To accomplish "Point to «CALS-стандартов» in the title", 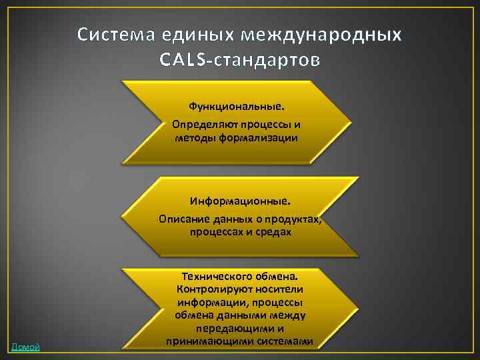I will click(240, 60).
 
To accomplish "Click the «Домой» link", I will click(25, 346).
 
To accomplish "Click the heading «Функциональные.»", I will click(236, 105).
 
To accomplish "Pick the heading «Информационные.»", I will click(240, 200).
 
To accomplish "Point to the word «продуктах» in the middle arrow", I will click(294, 219).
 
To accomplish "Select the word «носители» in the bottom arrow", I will click(279, 288).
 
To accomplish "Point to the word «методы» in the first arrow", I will click(193, 138).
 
